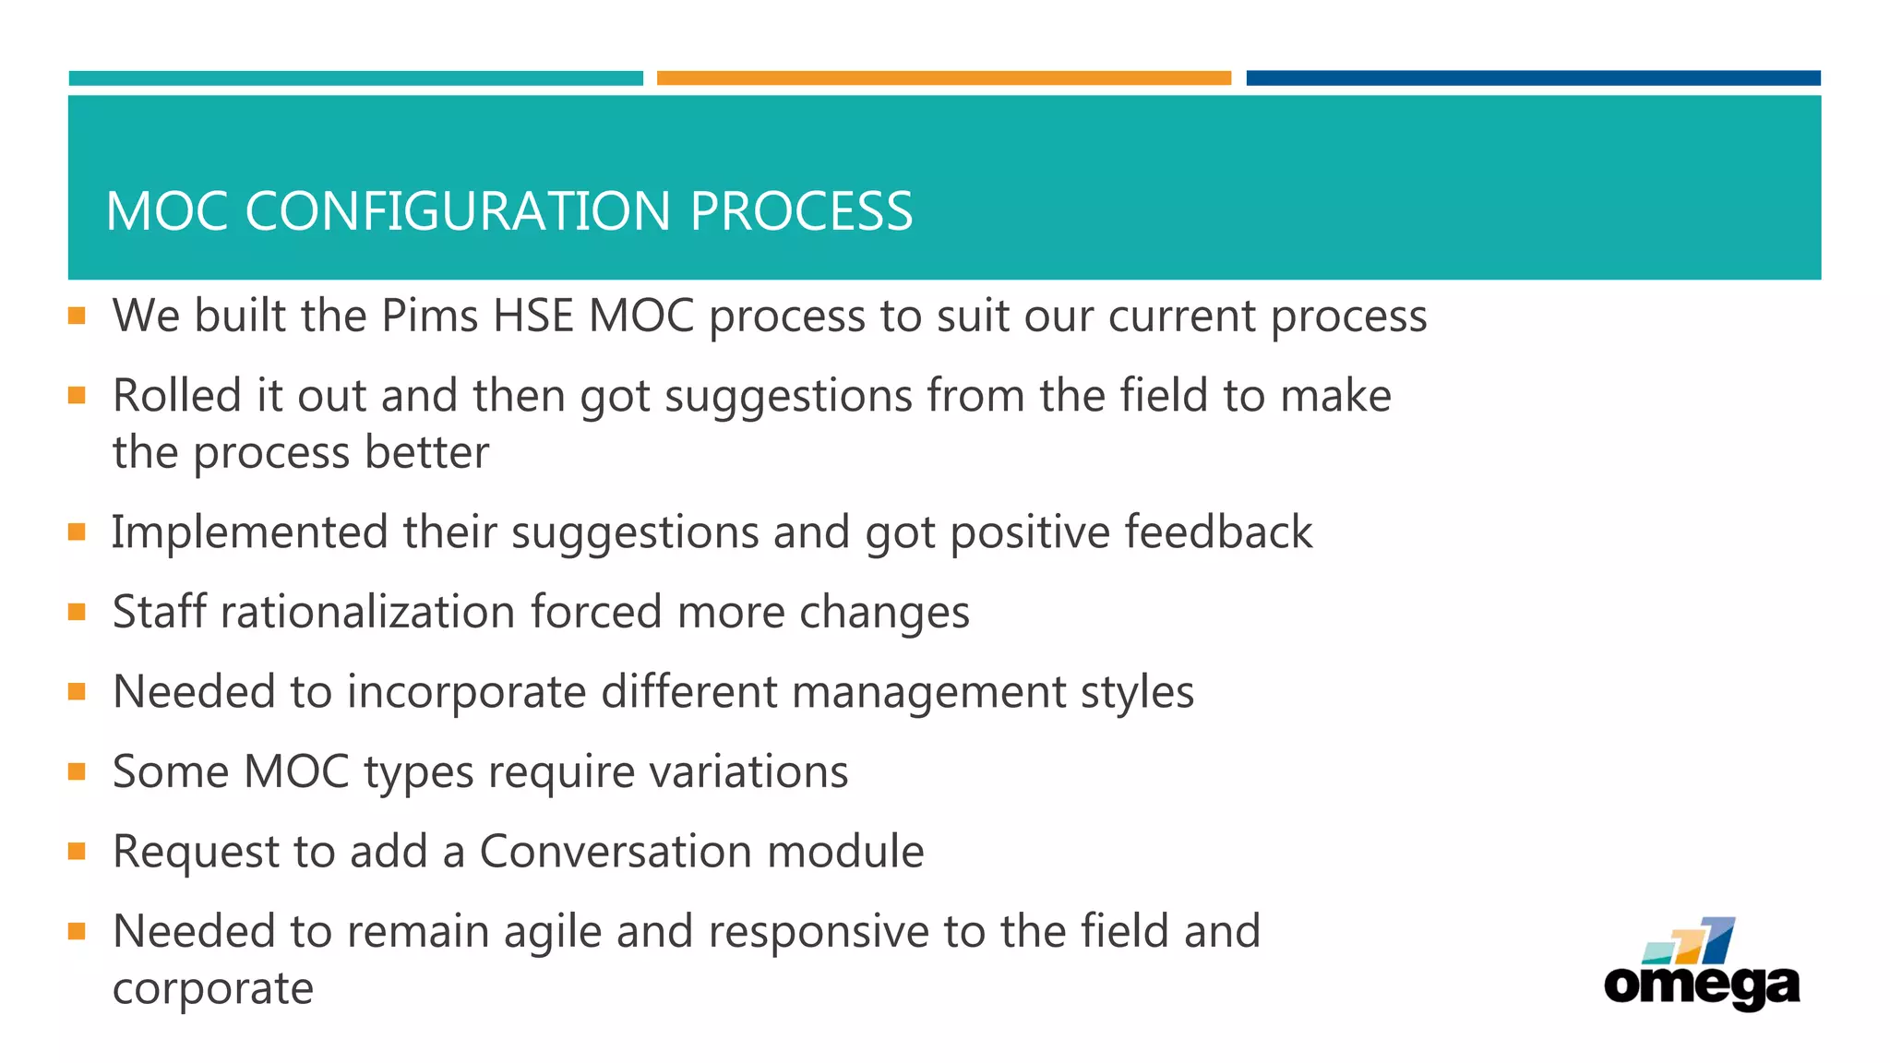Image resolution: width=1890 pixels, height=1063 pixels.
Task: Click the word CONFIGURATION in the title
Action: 458,211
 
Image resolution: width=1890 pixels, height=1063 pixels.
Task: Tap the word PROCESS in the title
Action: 801,211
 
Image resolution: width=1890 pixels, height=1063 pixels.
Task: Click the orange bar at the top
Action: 943,78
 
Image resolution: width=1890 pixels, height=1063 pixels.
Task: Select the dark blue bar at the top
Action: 1533,78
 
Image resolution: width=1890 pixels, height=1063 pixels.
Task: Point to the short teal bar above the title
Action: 355,78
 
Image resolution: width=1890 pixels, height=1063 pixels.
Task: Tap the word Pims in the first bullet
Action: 429,317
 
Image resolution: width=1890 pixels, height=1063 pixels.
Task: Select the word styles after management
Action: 1137,692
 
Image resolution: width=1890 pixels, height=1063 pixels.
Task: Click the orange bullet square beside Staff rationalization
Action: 77,612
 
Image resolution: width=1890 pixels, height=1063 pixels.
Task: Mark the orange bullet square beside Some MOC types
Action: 77,771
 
